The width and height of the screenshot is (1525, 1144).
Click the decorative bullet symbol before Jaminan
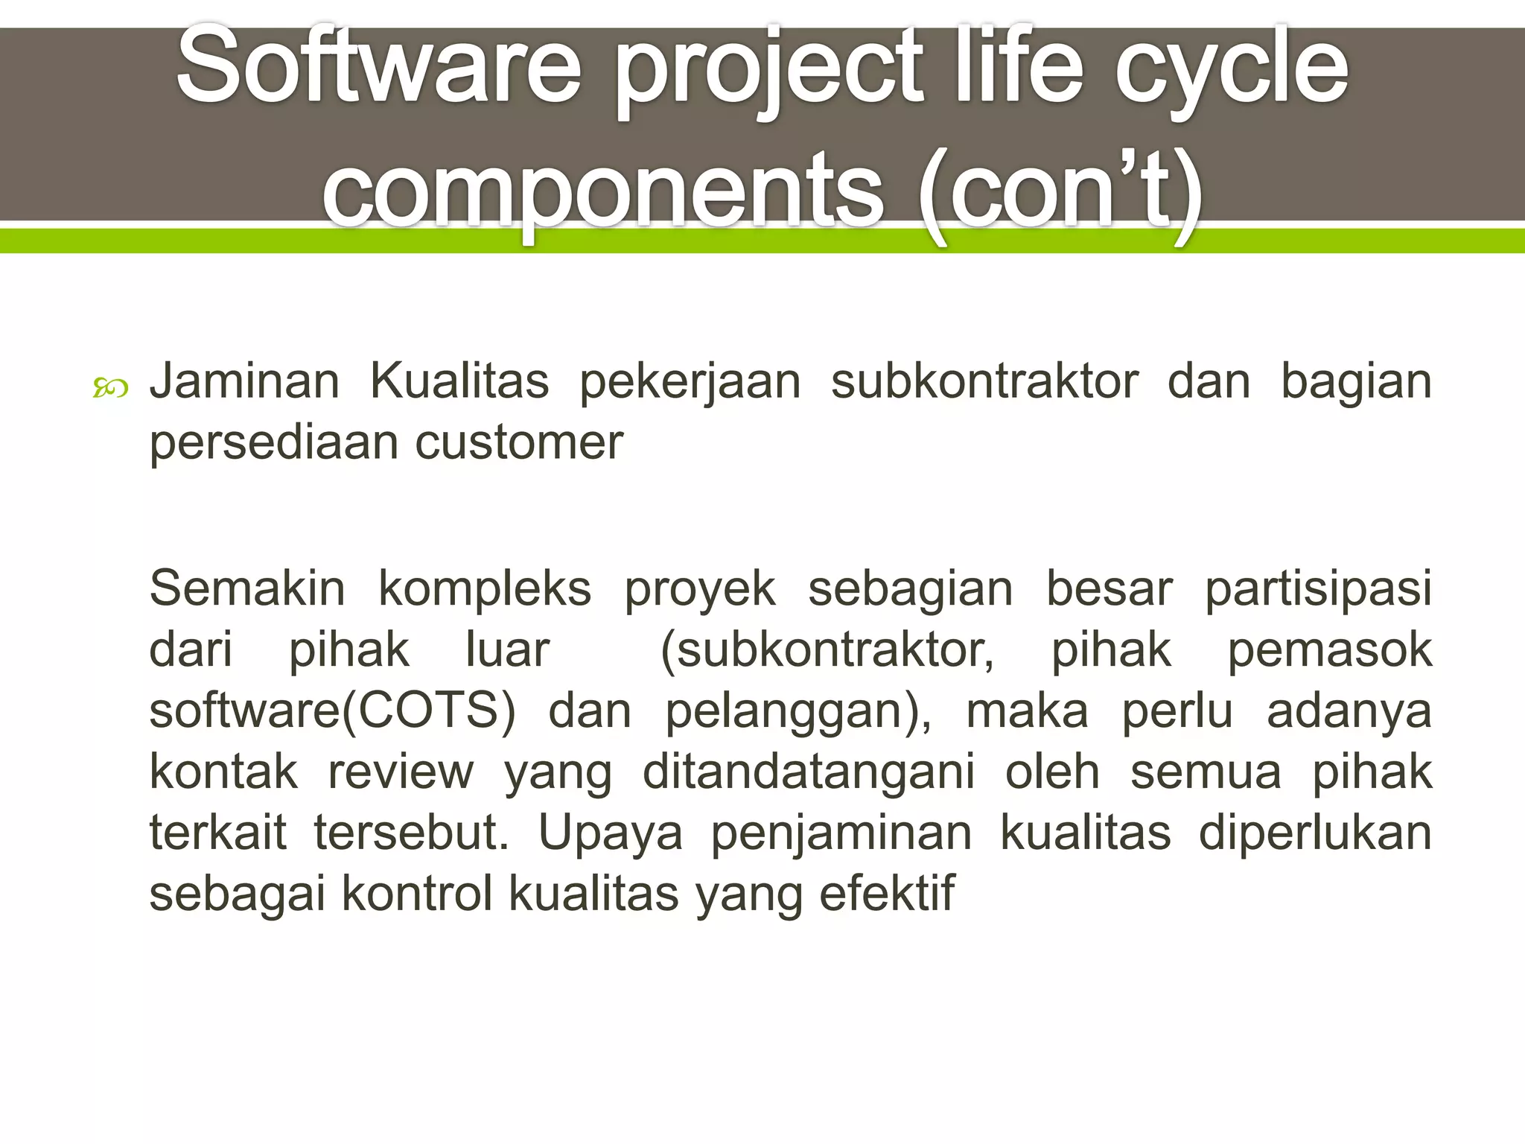tap(110, 388)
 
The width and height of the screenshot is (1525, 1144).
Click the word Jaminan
tap(244, 381)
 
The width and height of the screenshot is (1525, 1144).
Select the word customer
tap(518, 442)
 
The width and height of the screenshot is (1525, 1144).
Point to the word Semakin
tap(247, 588)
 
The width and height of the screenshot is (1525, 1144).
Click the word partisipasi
tap(1318, 588)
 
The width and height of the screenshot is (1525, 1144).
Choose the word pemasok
tap(1329, 649)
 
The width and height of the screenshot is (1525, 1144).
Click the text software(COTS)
tap(332, 711)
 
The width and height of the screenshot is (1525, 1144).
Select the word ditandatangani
tap(809, 772)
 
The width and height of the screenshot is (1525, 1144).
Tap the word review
tap(401, 772)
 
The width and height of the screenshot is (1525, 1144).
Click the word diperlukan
tap(1315, 833)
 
